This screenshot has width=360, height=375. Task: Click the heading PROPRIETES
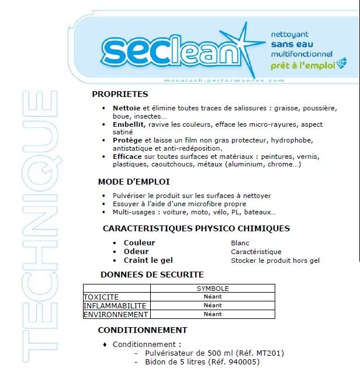click(120, 94)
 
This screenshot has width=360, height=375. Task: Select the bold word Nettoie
click(126, 108)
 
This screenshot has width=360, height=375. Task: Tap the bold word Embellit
click(129, 124)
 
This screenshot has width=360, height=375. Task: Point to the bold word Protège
click(127, 141)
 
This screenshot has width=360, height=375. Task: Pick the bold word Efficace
click(127, 157)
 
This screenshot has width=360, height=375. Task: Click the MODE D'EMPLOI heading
click(134, 182)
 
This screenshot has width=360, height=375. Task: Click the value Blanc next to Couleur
click(240, 242)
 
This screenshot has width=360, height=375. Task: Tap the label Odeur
click(136, 251)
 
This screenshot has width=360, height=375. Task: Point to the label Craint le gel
click(148, 260)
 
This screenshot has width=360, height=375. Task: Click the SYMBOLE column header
click(212, 289)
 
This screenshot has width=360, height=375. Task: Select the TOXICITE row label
click(101, 297)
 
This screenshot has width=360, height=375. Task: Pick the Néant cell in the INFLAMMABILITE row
click(212, 305)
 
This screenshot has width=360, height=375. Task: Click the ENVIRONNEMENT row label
click(116, 314)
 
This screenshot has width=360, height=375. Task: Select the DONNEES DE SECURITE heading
click(152, 274)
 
